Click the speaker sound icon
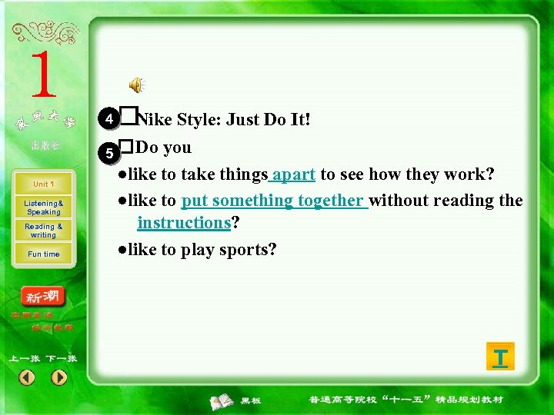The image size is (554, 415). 136,85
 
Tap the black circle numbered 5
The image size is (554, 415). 110,153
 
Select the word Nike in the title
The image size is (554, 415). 155,120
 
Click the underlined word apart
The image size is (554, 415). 294,174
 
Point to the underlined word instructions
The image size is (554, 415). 184,223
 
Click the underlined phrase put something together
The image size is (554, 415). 273,201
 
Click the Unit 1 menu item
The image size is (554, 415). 43,184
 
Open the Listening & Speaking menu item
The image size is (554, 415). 43,207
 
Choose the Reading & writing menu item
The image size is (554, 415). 43,231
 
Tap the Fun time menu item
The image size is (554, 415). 43,254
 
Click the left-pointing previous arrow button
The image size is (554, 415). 27,377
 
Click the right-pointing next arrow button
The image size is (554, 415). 59,377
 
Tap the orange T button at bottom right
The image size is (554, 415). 500,357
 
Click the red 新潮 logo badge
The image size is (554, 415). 43,297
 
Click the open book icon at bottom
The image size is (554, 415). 222,400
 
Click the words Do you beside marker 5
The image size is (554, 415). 163,147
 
